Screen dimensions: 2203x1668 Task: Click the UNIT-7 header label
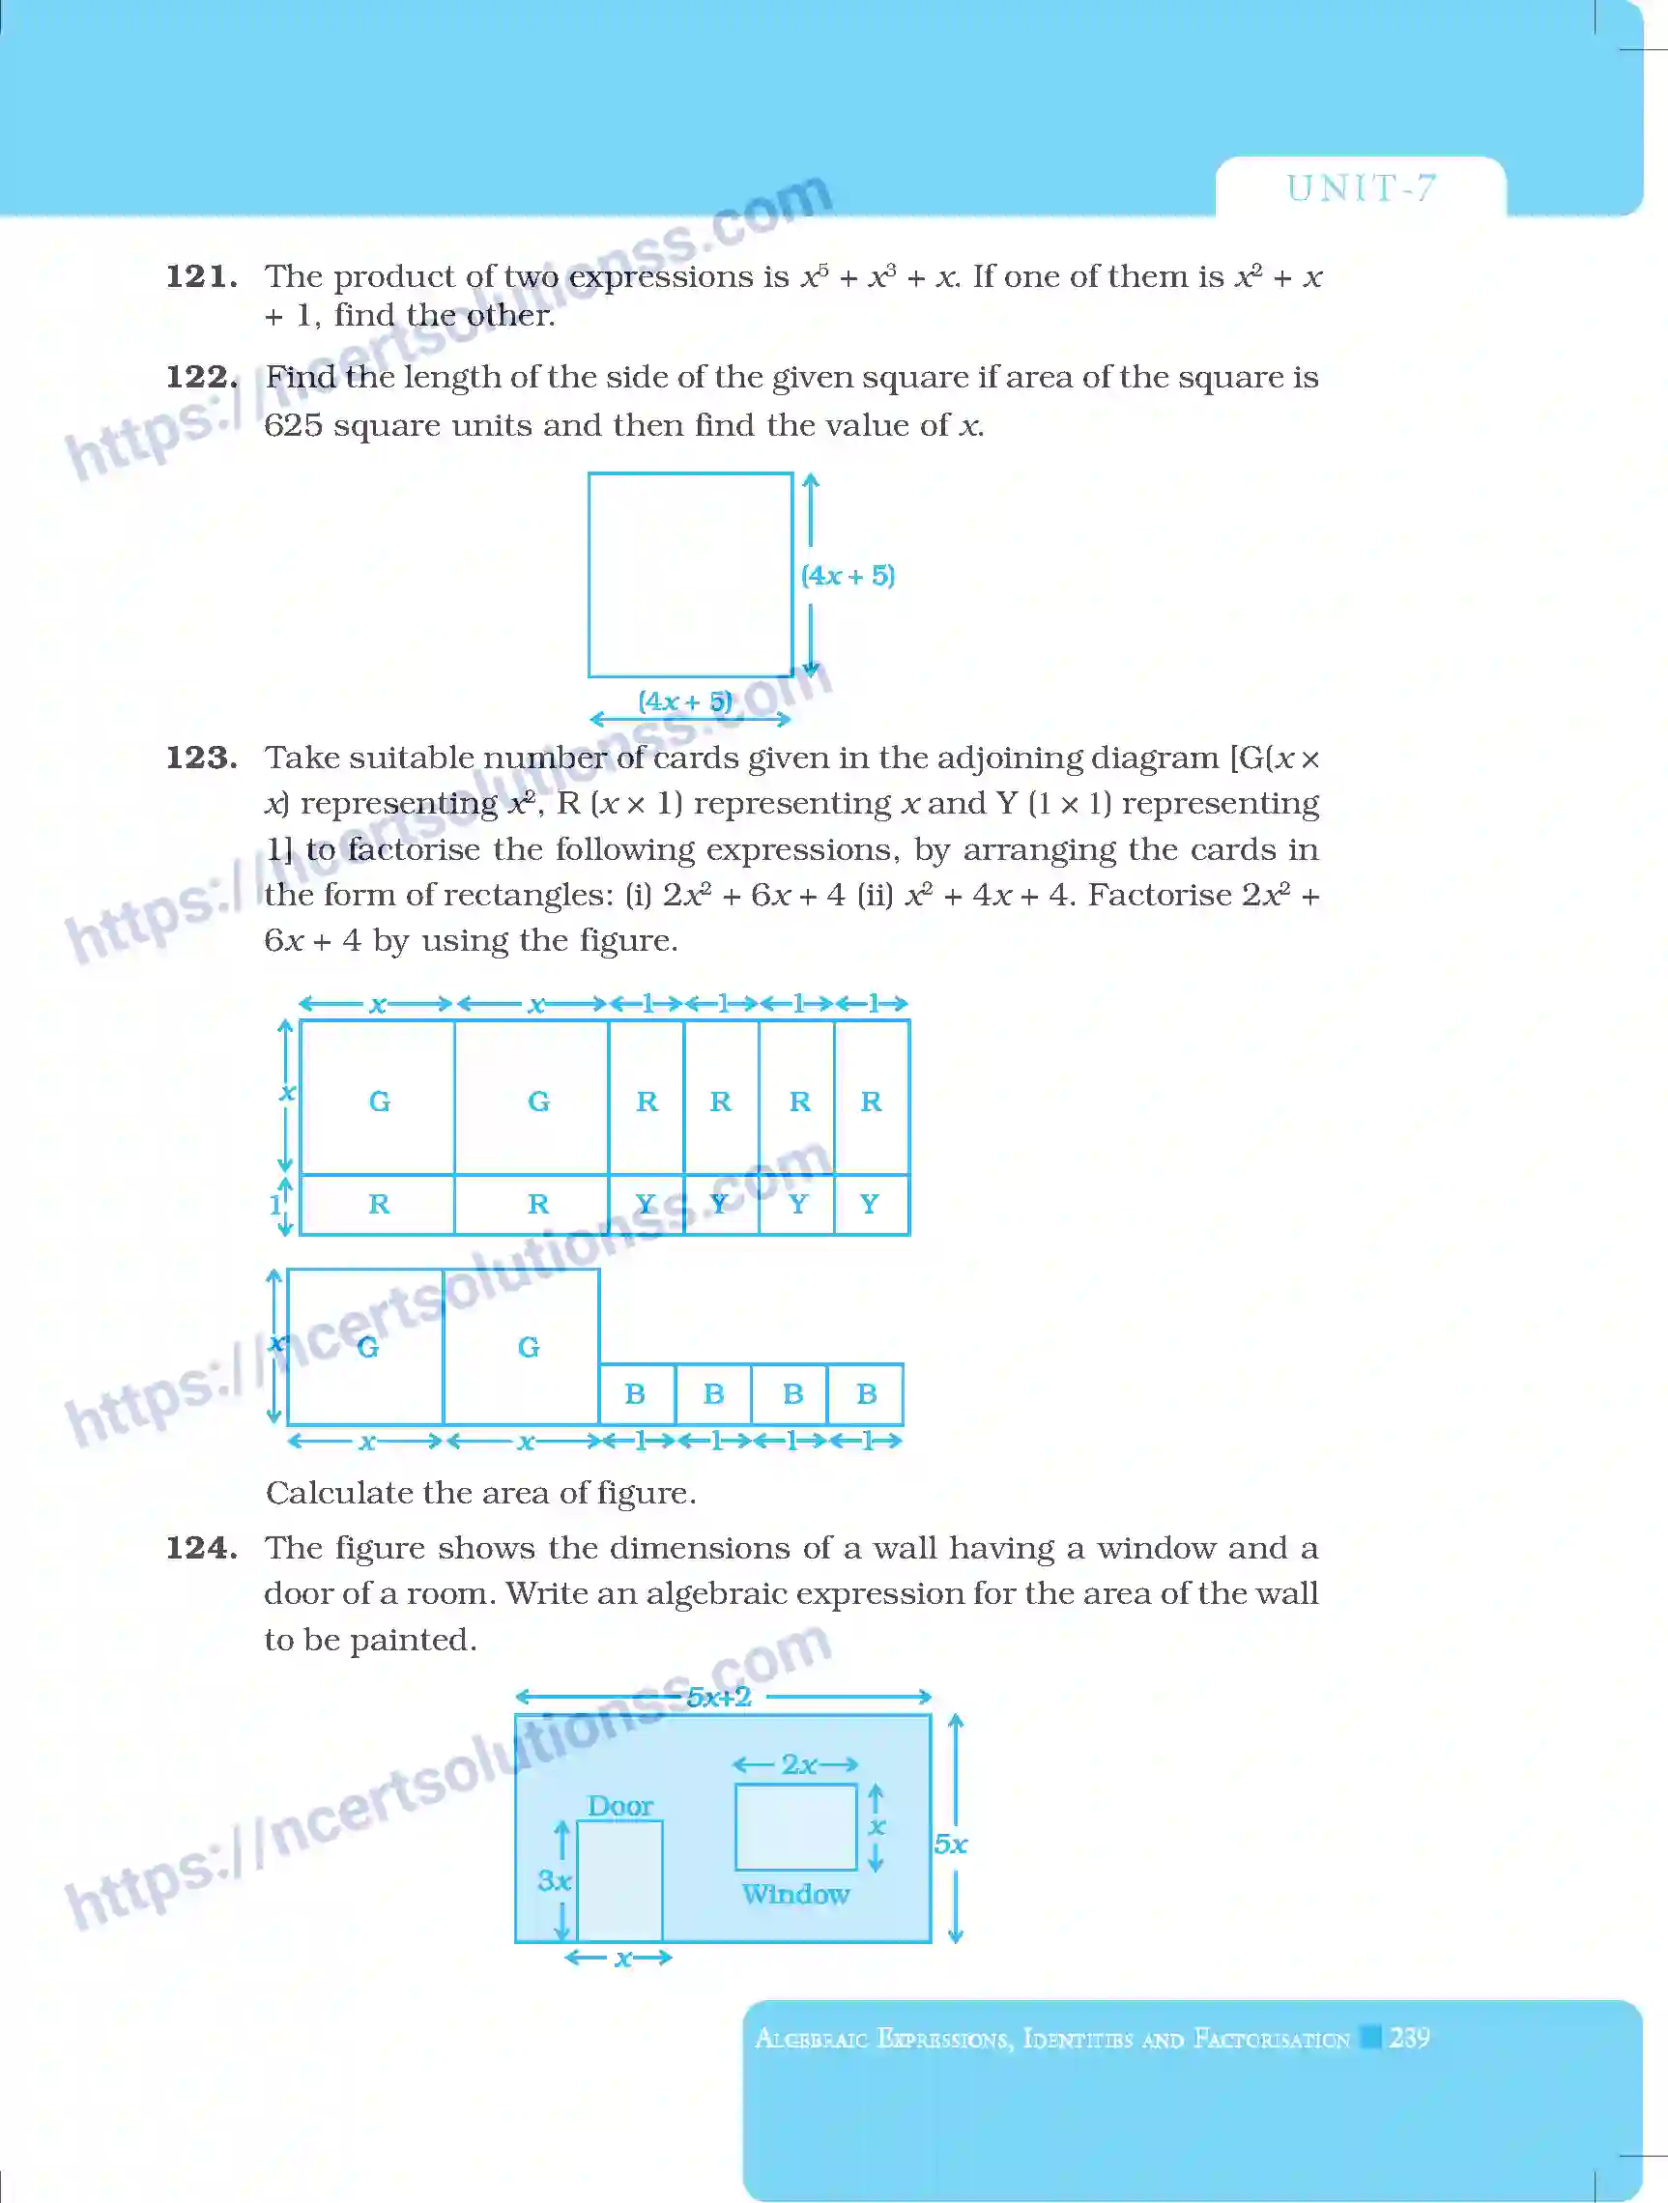(1361, 188)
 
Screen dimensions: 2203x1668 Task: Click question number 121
(201, 276)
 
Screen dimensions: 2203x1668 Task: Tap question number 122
(201, 377)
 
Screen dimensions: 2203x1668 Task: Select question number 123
(201, 757)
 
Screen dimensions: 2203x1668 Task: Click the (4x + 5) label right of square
(848, 576)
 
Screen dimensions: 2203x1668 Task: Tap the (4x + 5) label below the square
(685, 701)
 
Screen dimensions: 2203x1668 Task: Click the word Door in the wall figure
(619, 1806)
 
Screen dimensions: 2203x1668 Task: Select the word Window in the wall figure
(795, 1893)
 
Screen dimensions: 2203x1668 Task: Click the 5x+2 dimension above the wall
(719, 1697)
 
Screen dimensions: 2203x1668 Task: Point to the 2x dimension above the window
(798, 1764)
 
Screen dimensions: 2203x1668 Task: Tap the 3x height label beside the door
(554, 1880)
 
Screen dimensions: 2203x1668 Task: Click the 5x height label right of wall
(950, 1845)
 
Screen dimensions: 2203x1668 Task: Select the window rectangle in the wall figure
(795, 1826)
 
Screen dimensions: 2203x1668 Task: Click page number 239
(1409, 2037)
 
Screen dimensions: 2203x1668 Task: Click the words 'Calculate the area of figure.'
(481, 1492)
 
